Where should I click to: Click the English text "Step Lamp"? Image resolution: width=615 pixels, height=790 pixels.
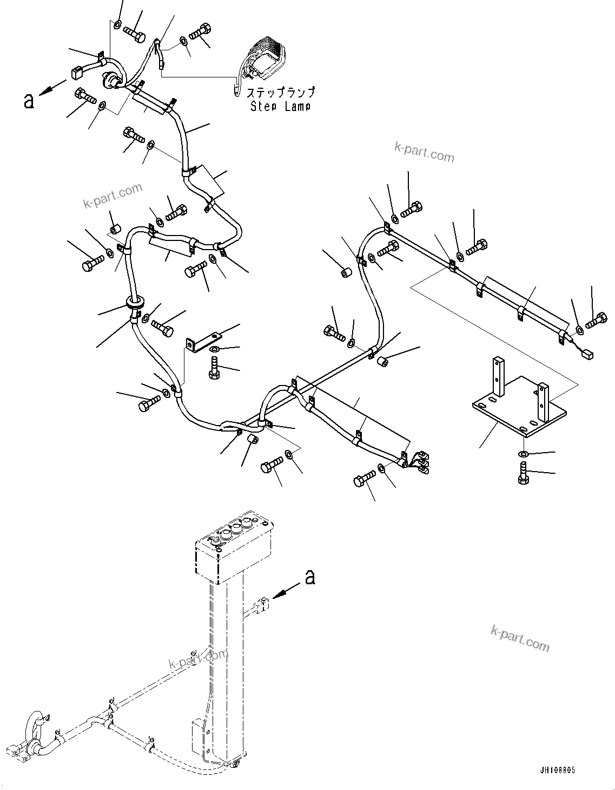280,106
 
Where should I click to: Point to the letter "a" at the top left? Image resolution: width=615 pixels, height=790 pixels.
29,100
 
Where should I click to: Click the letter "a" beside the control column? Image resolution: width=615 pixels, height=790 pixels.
309,578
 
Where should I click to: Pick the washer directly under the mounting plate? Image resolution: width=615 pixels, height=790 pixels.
523,453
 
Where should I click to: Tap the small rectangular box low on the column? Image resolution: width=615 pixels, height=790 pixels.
198,736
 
